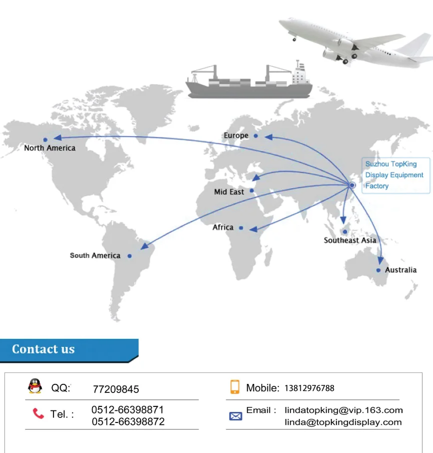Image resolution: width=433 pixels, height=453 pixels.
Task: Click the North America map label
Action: pyautogui.click(x=50, y=148)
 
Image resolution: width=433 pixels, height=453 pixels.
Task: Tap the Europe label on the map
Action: pyautogui.click(x=236, y=136)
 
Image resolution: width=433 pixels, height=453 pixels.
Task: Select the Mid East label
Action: pyautogui.click(x=229, y=192)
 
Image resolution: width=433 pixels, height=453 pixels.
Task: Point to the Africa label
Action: pyautogui.click(x=223, y=227)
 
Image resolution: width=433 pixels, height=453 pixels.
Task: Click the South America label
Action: pyautogui.click(x=95, y=256)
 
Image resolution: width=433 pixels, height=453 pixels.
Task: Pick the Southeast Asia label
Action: pyautogui.click(x=349, y=241)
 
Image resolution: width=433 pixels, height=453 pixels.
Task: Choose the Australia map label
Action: pyautogui.click(x=400, y=270)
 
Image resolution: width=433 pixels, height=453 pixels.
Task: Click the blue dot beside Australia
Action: pyautogui.click(x=378, y=270)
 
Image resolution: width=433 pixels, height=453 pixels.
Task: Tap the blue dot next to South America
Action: pyautogui.click(x=129, y=256)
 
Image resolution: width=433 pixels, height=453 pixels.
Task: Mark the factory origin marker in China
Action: pyautogui.click(x=352, y=185)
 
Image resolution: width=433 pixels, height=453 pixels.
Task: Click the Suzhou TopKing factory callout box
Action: pyautogui.click(x=395, y=175)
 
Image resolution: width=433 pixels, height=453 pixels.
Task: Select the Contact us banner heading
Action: pyautogui.click(x=44, y=349)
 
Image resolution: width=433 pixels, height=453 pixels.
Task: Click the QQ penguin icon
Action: pyautogui.click(x=35, y=386)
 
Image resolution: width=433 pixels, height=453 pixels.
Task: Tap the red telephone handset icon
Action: pyautogui.click(x=38, y=413)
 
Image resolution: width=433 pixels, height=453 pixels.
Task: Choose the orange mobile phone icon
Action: pyautogui.click(x=235, y=387)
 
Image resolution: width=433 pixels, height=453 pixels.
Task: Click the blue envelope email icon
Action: pyautogui.click(x=235, y=416)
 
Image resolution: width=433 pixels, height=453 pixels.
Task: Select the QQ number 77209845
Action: pyautogui.click(x=116, y=389)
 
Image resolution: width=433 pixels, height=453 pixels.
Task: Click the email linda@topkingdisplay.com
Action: pyautogui.click(x=343, y=422)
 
